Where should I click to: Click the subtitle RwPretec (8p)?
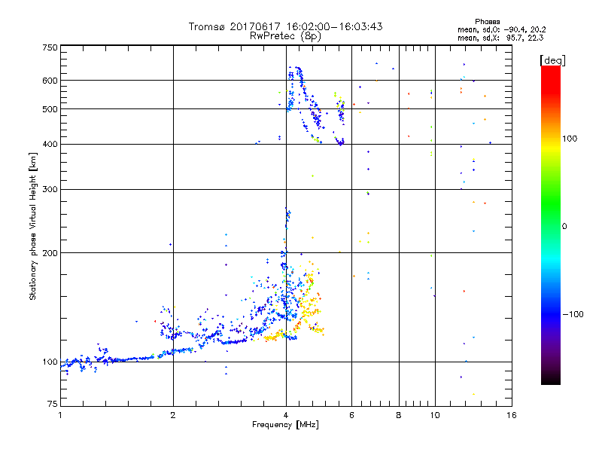[285, 35]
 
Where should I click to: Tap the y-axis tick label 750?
[50, 47]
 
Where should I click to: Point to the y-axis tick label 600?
[50, 80]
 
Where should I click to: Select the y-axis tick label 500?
[50, 108]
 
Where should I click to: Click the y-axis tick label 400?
[50, 144]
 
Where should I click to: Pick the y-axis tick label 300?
[50, 189]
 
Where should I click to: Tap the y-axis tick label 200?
[50, 252]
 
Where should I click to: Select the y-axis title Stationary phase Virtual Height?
[33, 226]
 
